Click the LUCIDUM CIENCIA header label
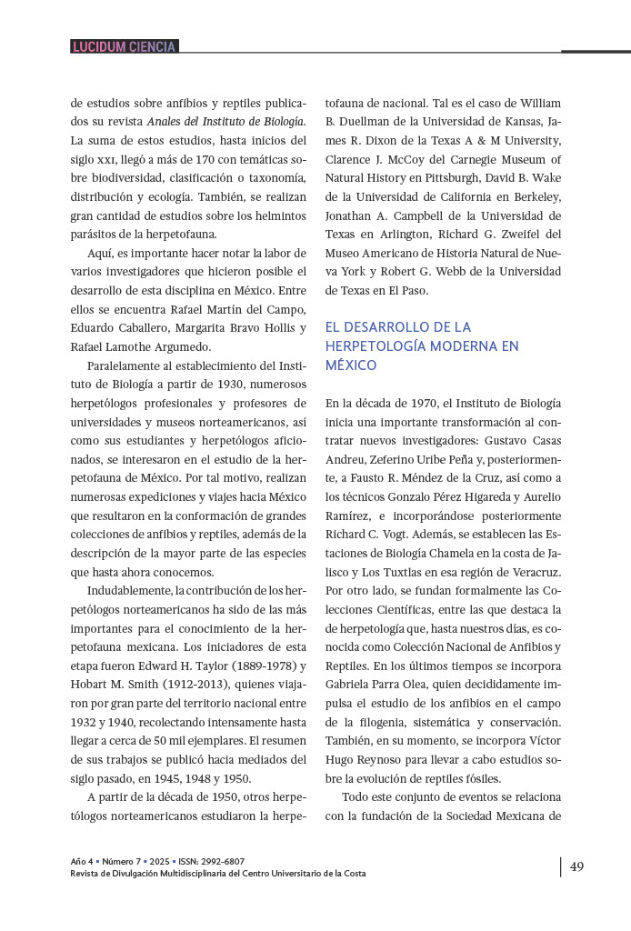coord(124,46)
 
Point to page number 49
coord(576,866)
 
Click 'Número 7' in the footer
coord(127,861)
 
